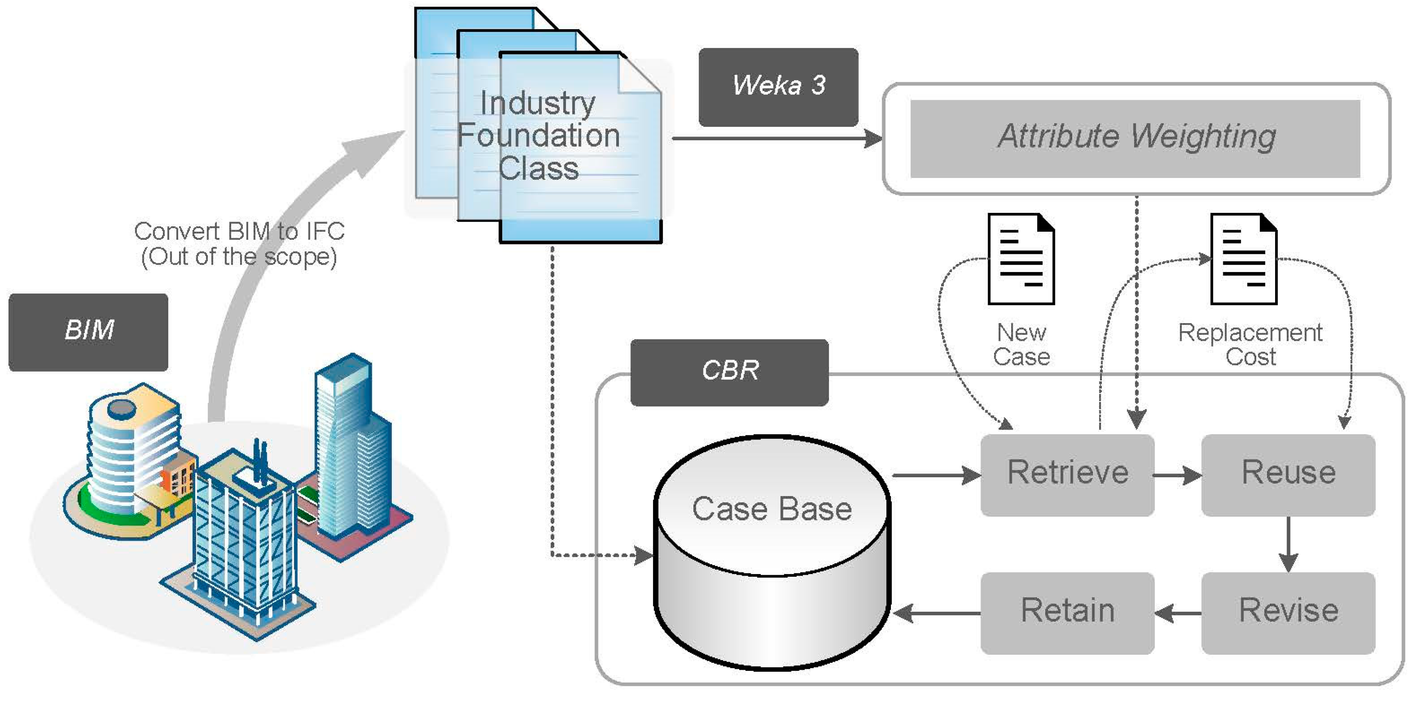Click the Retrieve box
[1067, 475]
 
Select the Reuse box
[1288, 475]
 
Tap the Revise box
[1288, 612]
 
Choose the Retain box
[1067, 612]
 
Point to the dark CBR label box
[730, 372]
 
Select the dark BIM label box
[88, 332]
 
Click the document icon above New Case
[1021, 259]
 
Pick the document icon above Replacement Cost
[1244, 259]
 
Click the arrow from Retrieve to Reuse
[1177, 475]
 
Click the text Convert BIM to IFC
[239, 231]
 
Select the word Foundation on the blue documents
[539, 136]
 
